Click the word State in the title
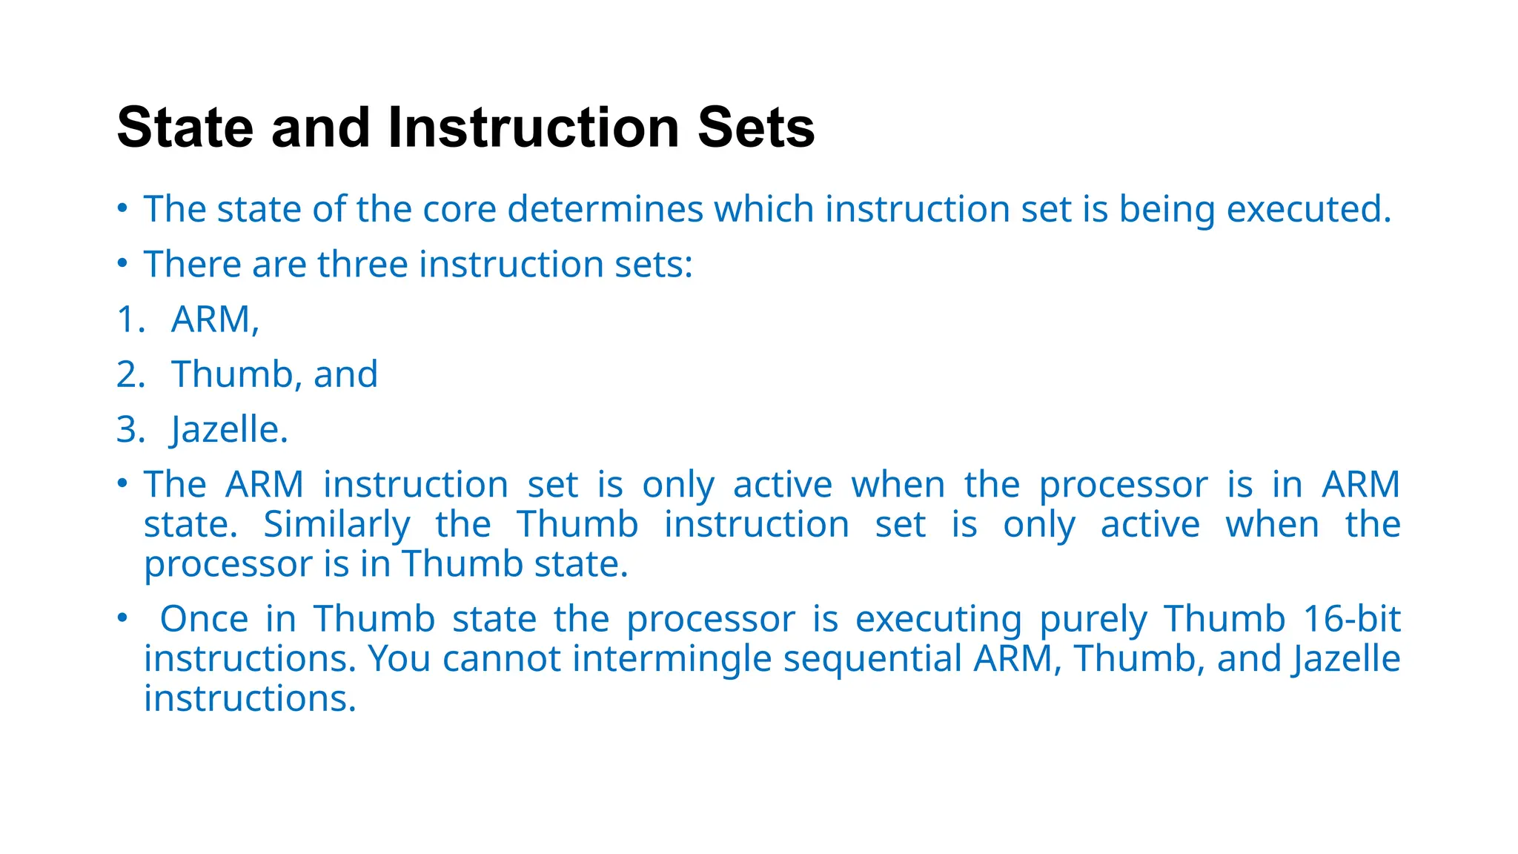coord(185,128)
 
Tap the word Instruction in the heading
coord(534,128)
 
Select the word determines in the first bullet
coord(605,209)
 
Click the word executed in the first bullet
coord(1308,209)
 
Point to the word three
coord(362,265)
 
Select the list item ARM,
coord(215,320)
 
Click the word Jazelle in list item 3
coord(226,429)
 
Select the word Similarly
coord(337,525)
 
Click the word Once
coord(204,619)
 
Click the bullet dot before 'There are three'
coord(122,263)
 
